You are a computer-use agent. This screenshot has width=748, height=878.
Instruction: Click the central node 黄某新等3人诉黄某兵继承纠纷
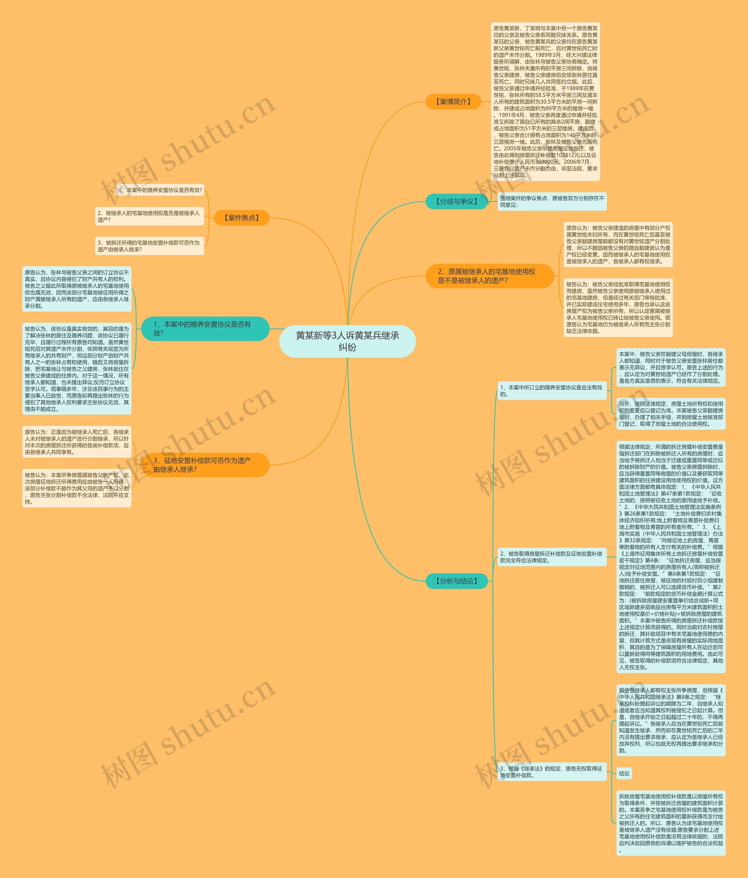tap(347, 341)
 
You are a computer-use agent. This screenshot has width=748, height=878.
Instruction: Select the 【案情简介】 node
tap(453, 102)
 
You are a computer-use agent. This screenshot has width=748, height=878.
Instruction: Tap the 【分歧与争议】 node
tap(456, 202)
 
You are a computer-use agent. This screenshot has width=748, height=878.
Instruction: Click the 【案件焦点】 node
tap(241, 218)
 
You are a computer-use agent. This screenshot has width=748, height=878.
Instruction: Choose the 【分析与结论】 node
tap(456, 581)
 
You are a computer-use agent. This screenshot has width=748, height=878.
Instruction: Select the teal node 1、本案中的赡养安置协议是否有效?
tap(205, 328)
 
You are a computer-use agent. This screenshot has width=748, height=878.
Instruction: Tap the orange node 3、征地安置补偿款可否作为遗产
tap(205, 465)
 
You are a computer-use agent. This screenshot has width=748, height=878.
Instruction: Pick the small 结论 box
tap(624, 773)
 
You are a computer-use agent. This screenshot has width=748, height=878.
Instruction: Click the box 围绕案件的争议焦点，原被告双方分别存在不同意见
tap(552, 202)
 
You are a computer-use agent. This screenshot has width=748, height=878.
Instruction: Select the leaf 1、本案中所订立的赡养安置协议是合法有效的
tap(552, 391)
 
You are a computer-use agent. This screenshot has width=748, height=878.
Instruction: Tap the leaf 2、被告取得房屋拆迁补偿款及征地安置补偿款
tap(552, 557)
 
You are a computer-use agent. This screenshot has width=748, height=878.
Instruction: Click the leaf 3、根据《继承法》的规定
tap(552, 772)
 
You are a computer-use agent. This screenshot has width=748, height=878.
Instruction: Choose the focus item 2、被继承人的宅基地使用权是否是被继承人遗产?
tap(149, 216)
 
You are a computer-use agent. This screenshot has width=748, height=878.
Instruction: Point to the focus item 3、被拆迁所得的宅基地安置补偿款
tap(149, 246)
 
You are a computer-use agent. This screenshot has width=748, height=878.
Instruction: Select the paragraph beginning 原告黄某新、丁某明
tap(545, 102)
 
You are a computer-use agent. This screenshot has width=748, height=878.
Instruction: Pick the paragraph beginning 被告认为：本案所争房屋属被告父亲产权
tap(77, 488)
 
